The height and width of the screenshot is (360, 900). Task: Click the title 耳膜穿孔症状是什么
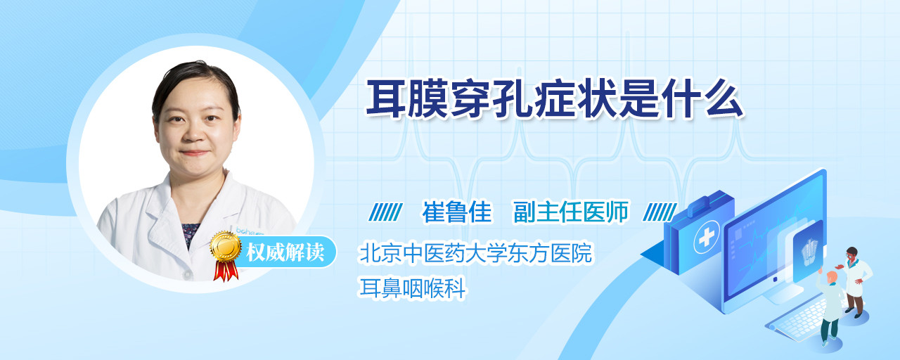click(555, 99)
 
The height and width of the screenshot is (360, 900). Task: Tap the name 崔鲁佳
click(457, 212)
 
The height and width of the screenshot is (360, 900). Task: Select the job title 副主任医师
click(571, 212)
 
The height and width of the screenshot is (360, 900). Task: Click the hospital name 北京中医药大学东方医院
click(476, 252)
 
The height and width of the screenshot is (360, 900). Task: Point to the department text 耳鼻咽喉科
click(412, 288)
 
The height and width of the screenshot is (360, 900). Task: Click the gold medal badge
click(226, 246)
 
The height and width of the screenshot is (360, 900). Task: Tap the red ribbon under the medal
click(226, 271)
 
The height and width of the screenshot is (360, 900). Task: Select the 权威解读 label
click(285, 252)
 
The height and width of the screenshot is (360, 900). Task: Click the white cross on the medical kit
click(707, 238)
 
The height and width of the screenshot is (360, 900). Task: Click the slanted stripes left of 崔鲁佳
click(386, 212)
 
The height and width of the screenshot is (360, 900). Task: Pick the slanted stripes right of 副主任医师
click(660, 212)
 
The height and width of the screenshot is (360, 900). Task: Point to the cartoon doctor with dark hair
click(855, 282)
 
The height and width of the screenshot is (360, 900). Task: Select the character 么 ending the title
click(724, 99)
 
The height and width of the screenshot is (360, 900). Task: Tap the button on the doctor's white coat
click(187, 274)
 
